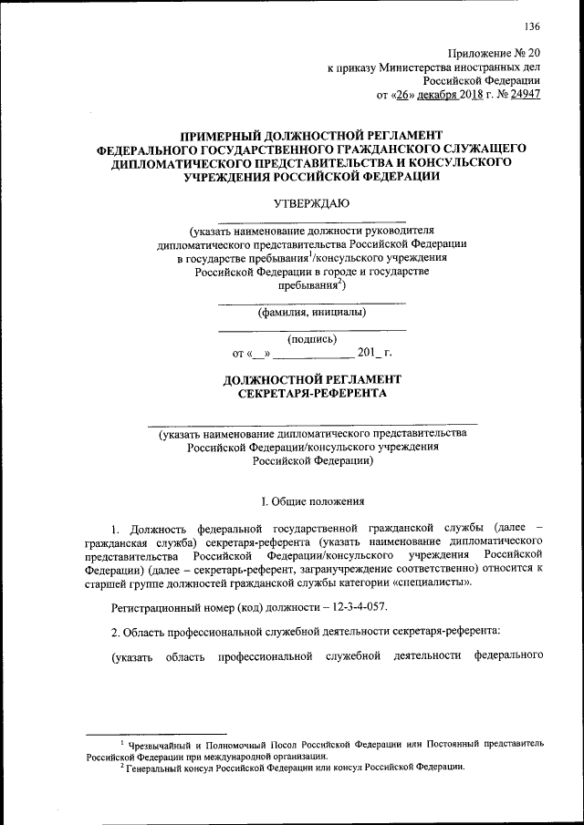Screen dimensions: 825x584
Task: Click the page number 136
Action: pyautogui.click(x=532, y=25)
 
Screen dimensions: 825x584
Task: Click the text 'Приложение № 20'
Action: pyautogui.click(x=494, y=54)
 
